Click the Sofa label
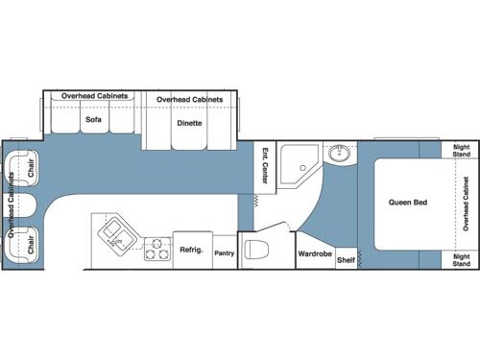93,121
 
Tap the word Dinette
188,124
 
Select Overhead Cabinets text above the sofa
94,97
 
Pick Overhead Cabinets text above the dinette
189,100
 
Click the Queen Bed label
407,203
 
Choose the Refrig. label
190,250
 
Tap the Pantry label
225,253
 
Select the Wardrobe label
315,253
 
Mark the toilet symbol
255,252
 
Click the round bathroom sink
338,154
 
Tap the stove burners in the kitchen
156,249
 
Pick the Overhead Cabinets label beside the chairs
11,206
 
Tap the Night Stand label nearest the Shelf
462,259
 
